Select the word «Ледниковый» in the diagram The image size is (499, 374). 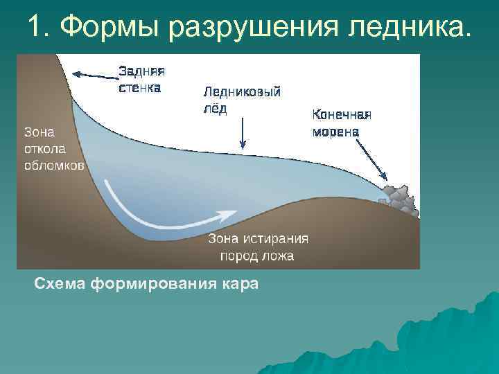tap(241, 92)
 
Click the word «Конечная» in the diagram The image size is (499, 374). tap(342, 115)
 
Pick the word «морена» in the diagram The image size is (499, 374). tap(335, 132)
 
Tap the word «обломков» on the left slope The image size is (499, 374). tap(54, 166)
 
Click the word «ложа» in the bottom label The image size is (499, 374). tap(278, 256)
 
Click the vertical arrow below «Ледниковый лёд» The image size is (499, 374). tap(243, 133)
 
